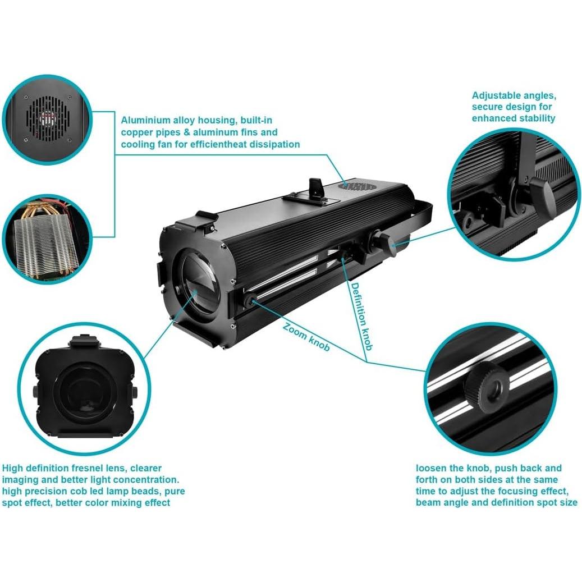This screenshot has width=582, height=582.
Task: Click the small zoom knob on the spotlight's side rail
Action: coord(248,302)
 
